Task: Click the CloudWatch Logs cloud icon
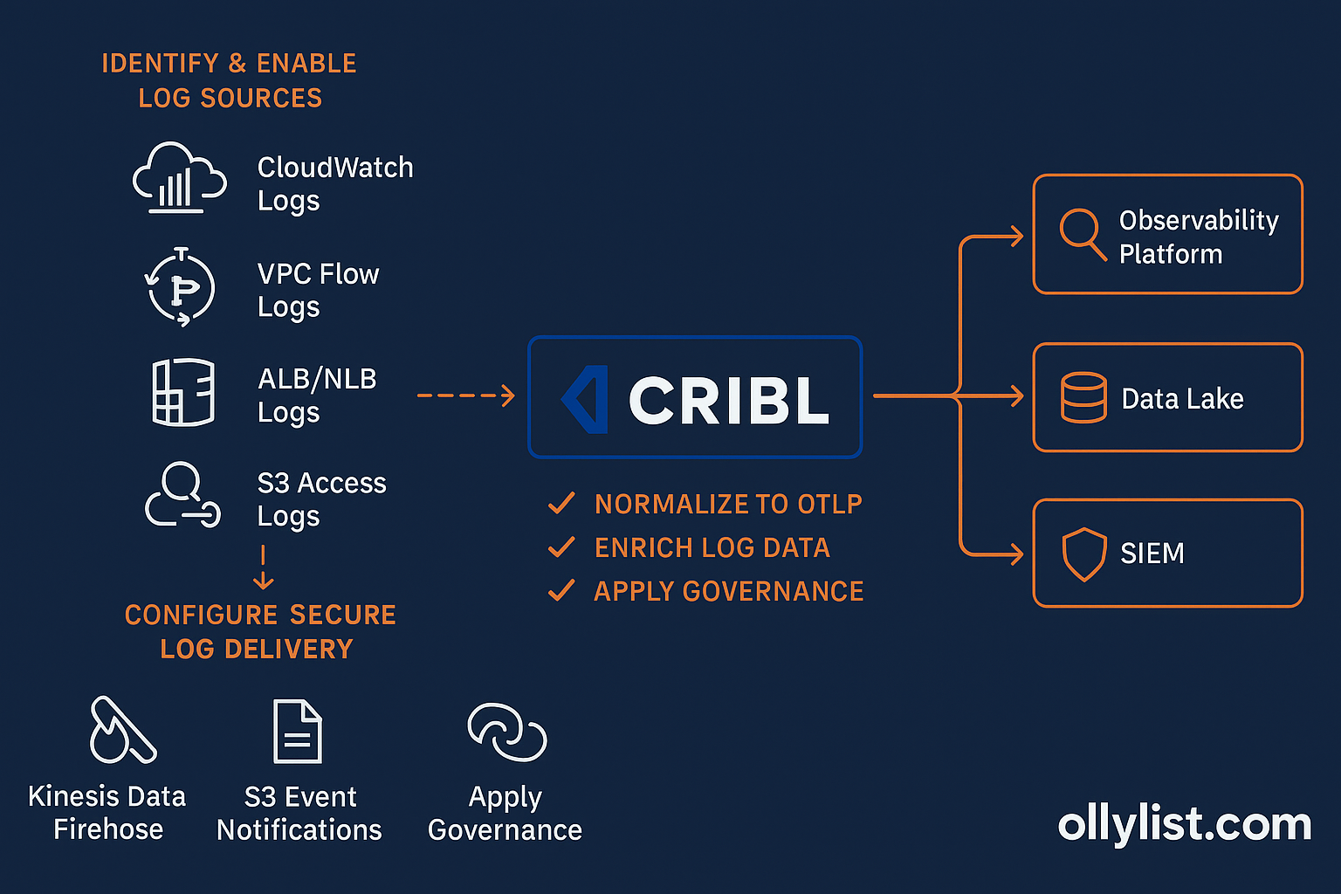179,179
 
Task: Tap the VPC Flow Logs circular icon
181,287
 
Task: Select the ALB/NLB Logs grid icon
182,392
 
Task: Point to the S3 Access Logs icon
182,496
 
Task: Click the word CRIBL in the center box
728,401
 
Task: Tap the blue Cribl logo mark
586,399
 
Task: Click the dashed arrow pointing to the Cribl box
465,396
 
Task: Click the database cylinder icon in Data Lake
1083,398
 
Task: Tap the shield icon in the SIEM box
1083,554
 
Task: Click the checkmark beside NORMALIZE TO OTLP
560,504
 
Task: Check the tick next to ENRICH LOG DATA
560,547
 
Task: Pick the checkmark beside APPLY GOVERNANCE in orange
560,591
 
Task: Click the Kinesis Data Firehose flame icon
121,731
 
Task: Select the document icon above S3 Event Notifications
298,732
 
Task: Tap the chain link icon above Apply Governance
506,732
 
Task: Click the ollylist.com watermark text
1184,824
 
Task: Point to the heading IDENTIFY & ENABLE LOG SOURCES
230,80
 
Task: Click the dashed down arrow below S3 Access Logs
263,568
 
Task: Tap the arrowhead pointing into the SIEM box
1015,554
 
